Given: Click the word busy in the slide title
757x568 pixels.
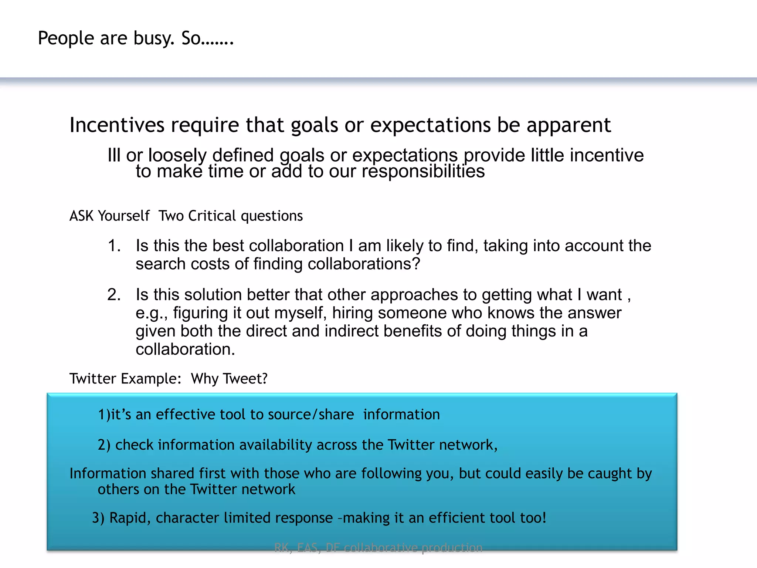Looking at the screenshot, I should pyautogui.click(x=154, y=39).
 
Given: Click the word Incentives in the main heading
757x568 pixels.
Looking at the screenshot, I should pyautogui.click(x=117, y=125).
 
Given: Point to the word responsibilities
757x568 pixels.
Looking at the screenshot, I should pyautogui.click(x=423, y=172).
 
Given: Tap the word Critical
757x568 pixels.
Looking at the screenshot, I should pyautogui.click(x=212, y=216).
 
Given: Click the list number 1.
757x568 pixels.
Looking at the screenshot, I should pyautogui.click(x=114, y=246).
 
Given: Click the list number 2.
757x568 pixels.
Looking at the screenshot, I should pyautogui.click(x=114, y=295).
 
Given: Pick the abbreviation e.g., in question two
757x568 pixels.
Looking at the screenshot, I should pyautogui.click(x=152, y=313).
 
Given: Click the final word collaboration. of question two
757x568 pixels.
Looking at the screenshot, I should pyautogui.click(x=185, y=349).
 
